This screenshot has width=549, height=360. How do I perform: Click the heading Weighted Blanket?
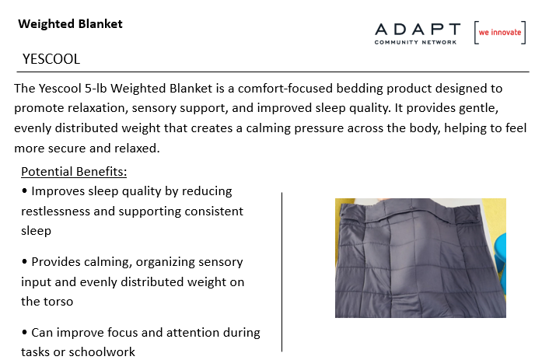pos(71,24)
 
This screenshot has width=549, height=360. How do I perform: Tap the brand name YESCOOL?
pos(51,59)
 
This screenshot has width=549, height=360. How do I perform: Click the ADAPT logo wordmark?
pos(418,30)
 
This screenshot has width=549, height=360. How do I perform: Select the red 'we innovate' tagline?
pos(500,32)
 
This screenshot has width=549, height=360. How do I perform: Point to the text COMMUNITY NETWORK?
pos(415,42)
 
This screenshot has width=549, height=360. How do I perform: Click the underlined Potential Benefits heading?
pos(74,172)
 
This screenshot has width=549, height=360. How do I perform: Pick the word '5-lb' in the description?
pos(96,88)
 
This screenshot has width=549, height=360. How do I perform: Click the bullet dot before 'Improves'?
pos(24,190)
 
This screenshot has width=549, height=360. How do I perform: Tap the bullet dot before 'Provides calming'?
pos(24,261)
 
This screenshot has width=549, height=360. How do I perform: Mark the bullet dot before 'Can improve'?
pos(24,332)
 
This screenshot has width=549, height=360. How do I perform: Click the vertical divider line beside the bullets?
pos(281,272)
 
